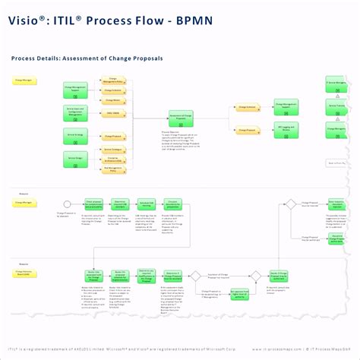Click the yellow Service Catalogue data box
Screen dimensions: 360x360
[112, 147]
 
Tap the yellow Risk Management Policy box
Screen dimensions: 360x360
[112, 169]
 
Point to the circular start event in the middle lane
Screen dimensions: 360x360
[67, 204]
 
